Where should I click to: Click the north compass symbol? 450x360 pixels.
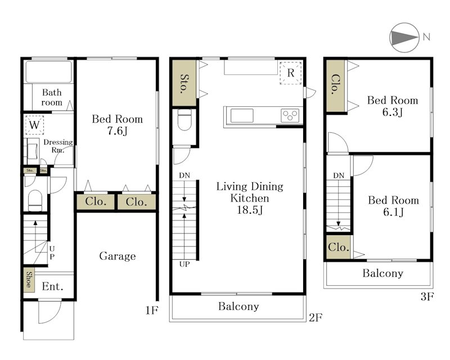pyautogui.click(x=404, y=38)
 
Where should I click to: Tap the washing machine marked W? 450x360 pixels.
pyautogui.click(x=34, y=125)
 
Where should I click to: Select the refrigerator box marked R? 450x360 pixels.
pyautogui.click(x=290, y=73)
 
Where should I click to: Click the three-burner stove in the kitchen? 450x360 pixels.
pyautogui.click(x=290, y=116)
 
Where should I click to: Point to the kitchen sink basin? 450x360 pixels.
pyautogui.click(x=242, y=115)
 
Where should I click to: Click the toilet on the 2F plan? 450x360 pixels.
pyautogui.click(x=184, y=120)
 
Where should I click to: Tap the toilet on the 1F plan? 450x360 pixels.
pyautogui.click(x=35, y=200)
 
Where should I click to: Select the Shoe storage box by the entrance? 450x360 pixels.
pyautogui.click(x=29, y=280)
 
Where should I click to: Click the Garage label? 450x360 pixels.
pyautogui.click(x=118, y=256)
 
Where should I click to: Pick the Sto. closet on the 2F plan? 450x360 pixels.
pyautogui.click(x=184, y=83)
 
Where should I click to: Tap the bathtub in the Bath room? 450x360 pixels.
pyautogui.click(x=48, y=71)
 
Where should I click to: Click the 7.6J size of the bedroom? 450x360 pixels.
pyautogui.click(x=118, y=131)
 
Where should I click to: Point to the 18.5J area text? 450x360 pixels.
pyautogui.click(x=250, y=210)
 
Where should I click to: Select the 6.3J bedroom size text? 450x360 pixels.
pyautogui.click(x=392, y=112)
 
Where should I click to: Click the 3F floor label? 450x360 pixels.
pyautogui.click(x=427, y=296)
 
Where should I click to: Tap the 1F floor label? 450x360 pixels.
pyautogui.click(x=152, y=310)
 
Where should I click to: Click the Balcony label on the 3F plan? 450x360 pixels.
pyautogui.click(x=383, y=273)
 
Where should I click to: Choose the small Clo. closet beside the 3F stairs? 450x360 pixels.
pyautogui.click(x=339, y=247)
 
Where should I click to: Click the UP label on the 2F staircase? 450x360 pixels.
pyautogui.click(x=184, y=264)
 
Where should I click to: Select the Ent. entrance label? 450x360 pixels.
pyautogui.click(x=52, y=286)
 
